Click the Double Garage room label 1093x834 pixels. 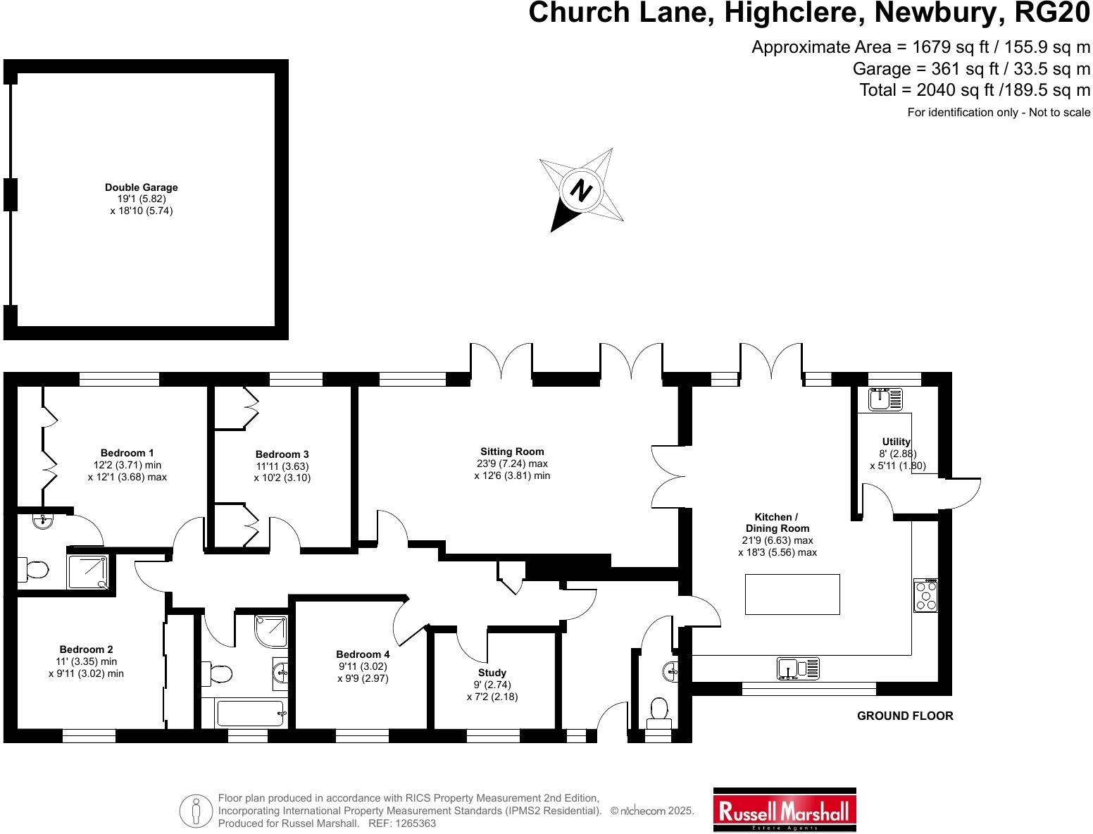142,187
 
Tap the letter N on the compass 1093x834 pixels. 581,189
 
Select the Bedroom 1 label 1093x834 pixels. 127,453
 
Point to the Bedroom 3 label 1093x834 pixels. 282,454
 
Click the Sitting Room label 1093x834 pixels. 512,452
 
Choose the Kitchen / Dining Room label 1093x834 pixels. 777,523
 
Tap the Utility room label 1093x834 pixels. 897,442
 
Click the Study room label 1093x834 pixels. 492,673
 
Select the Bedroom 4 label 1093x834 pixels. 363,654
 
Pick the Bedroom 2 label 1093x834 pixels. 86,649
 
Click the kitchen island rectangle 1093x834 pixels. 792,595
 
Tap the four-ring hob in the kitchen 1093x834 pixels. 925,595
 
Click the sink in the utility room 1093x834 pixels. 885,399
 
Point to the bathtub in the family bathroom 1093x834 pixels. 251,714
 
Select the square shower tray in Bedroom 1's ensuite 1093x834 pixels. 87,571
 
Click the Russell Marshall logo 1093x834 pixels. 785,809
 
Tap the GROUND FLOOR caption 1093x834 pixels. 905,716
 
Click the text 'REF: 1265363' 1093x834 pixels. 402,823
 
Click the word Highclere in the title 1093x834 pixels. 792,13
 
